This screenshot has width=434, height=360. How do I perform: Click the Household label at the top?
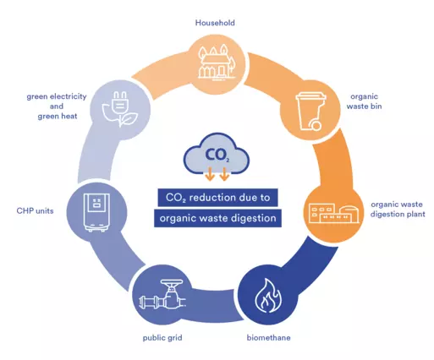pyautogui.click(x=215, y=23)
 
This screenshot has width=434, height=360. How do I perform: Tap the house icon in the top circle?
pyautogui.click(x=217, y=63)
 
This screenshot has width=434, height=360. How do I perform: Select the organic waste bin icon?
pyautogui.click(x=310, y=112)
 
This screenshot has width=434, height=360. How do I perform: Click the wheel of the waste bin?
pyautogui.click(x=316, y=125)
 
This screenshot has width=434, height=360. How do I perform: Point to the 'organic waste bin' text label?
pyautogui.click(x=364, y=101)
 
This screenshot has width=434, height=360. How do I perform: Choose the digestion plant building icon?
pyautogui.click(x=334, y=214)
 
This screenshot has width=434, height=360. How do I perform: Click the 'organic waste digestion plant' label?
pyautogui.click(x=398, y=210)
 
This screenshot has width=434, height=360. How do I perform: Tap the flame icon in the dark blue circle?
pyautogui.click(x=268, y=296)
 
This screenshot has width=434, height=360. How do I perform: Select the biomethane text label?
pyautogui.click(x=268, y=338)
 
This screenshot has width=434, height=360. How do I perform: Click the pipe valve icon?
pyautogui.click(x=162, y=297)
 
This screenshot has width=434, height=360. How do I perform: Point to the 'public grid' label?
pyautogui.click(x=162, y=338)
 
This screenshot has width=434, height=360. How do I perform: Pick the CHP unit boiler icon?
pyautogui.click(x=96, y=212)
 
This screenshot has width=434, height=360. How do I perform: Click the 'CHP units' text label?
pyautogui.click(x=35, y=210)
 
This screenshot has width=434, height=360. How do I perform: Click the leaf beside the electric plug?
pyautogui.click(x=129, y=119)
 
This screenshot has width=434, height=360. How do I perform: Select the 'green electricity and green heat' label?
pyautogui.click(x=57, y=106)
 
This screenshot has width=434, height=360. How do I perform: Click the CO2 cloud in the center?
pyautogui.click(x=217, y=154)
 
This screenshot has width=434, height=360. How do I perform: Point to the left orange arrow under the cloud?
pyautogui.click(x=210, y=174)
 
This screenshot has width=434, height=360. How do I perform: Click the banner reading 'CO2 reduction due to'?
pyautogui.click(x=217, y=198)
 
